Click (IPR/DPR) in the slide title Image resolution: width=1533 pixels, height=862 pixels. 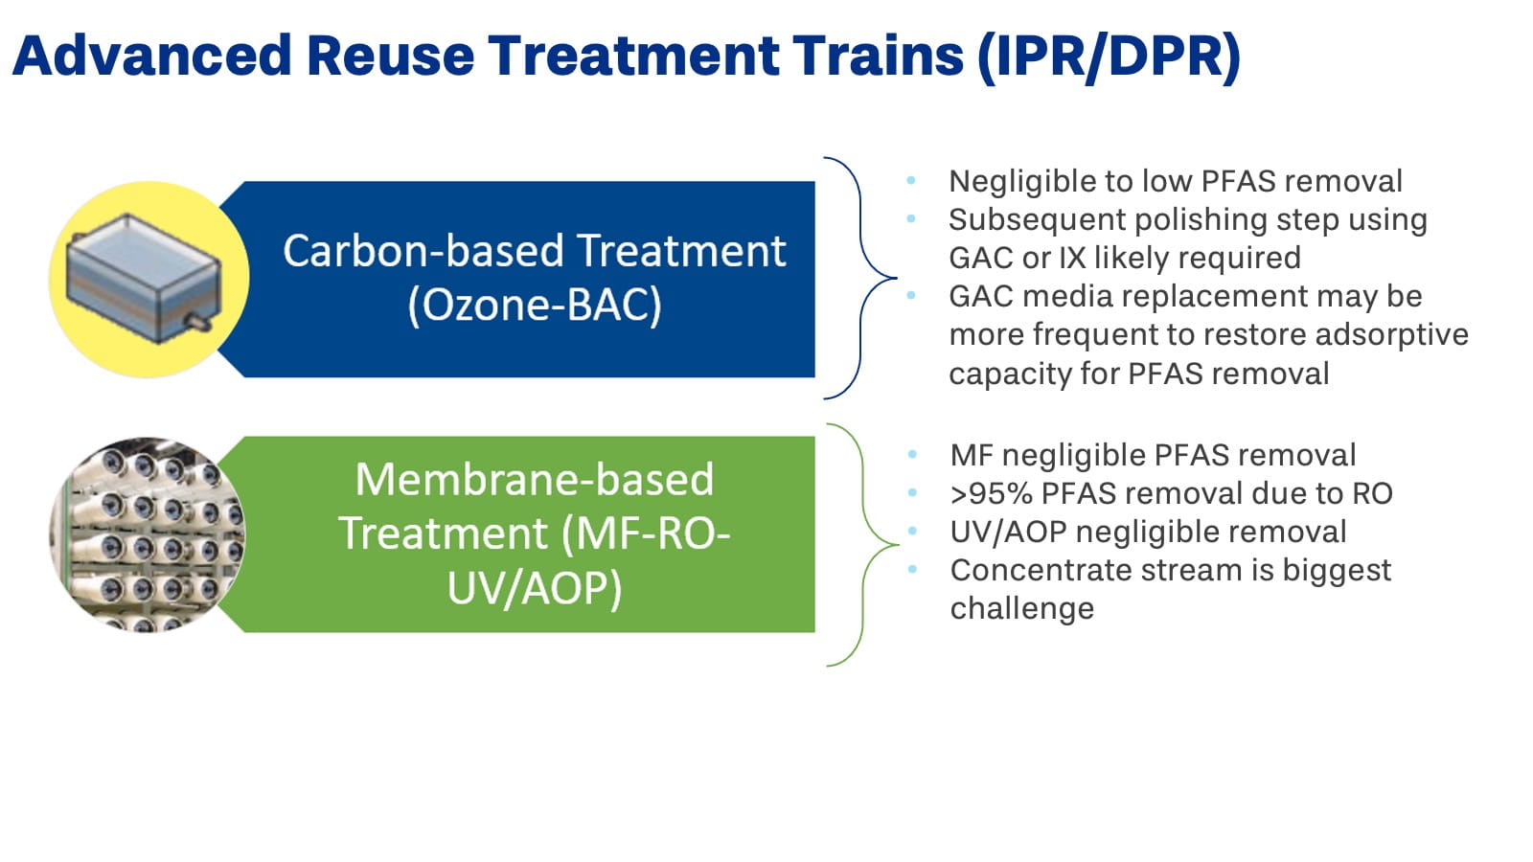pos(1109,56)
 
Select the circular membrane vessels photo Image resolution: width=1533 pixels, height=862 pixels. pos(147,534)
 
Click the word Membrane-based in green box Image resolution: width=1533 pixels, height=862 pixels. pos(534,480)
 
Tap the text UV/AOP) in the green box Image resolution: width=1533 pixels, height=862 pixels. pos(534,587)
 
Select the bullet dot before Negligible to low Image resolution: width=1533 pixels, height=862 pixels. pos(911,180)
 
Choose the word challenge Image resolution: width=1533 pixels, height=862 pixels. pos(1021,609)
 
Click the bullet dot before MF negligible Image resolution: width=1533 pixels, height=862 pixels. pos(912,454)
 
